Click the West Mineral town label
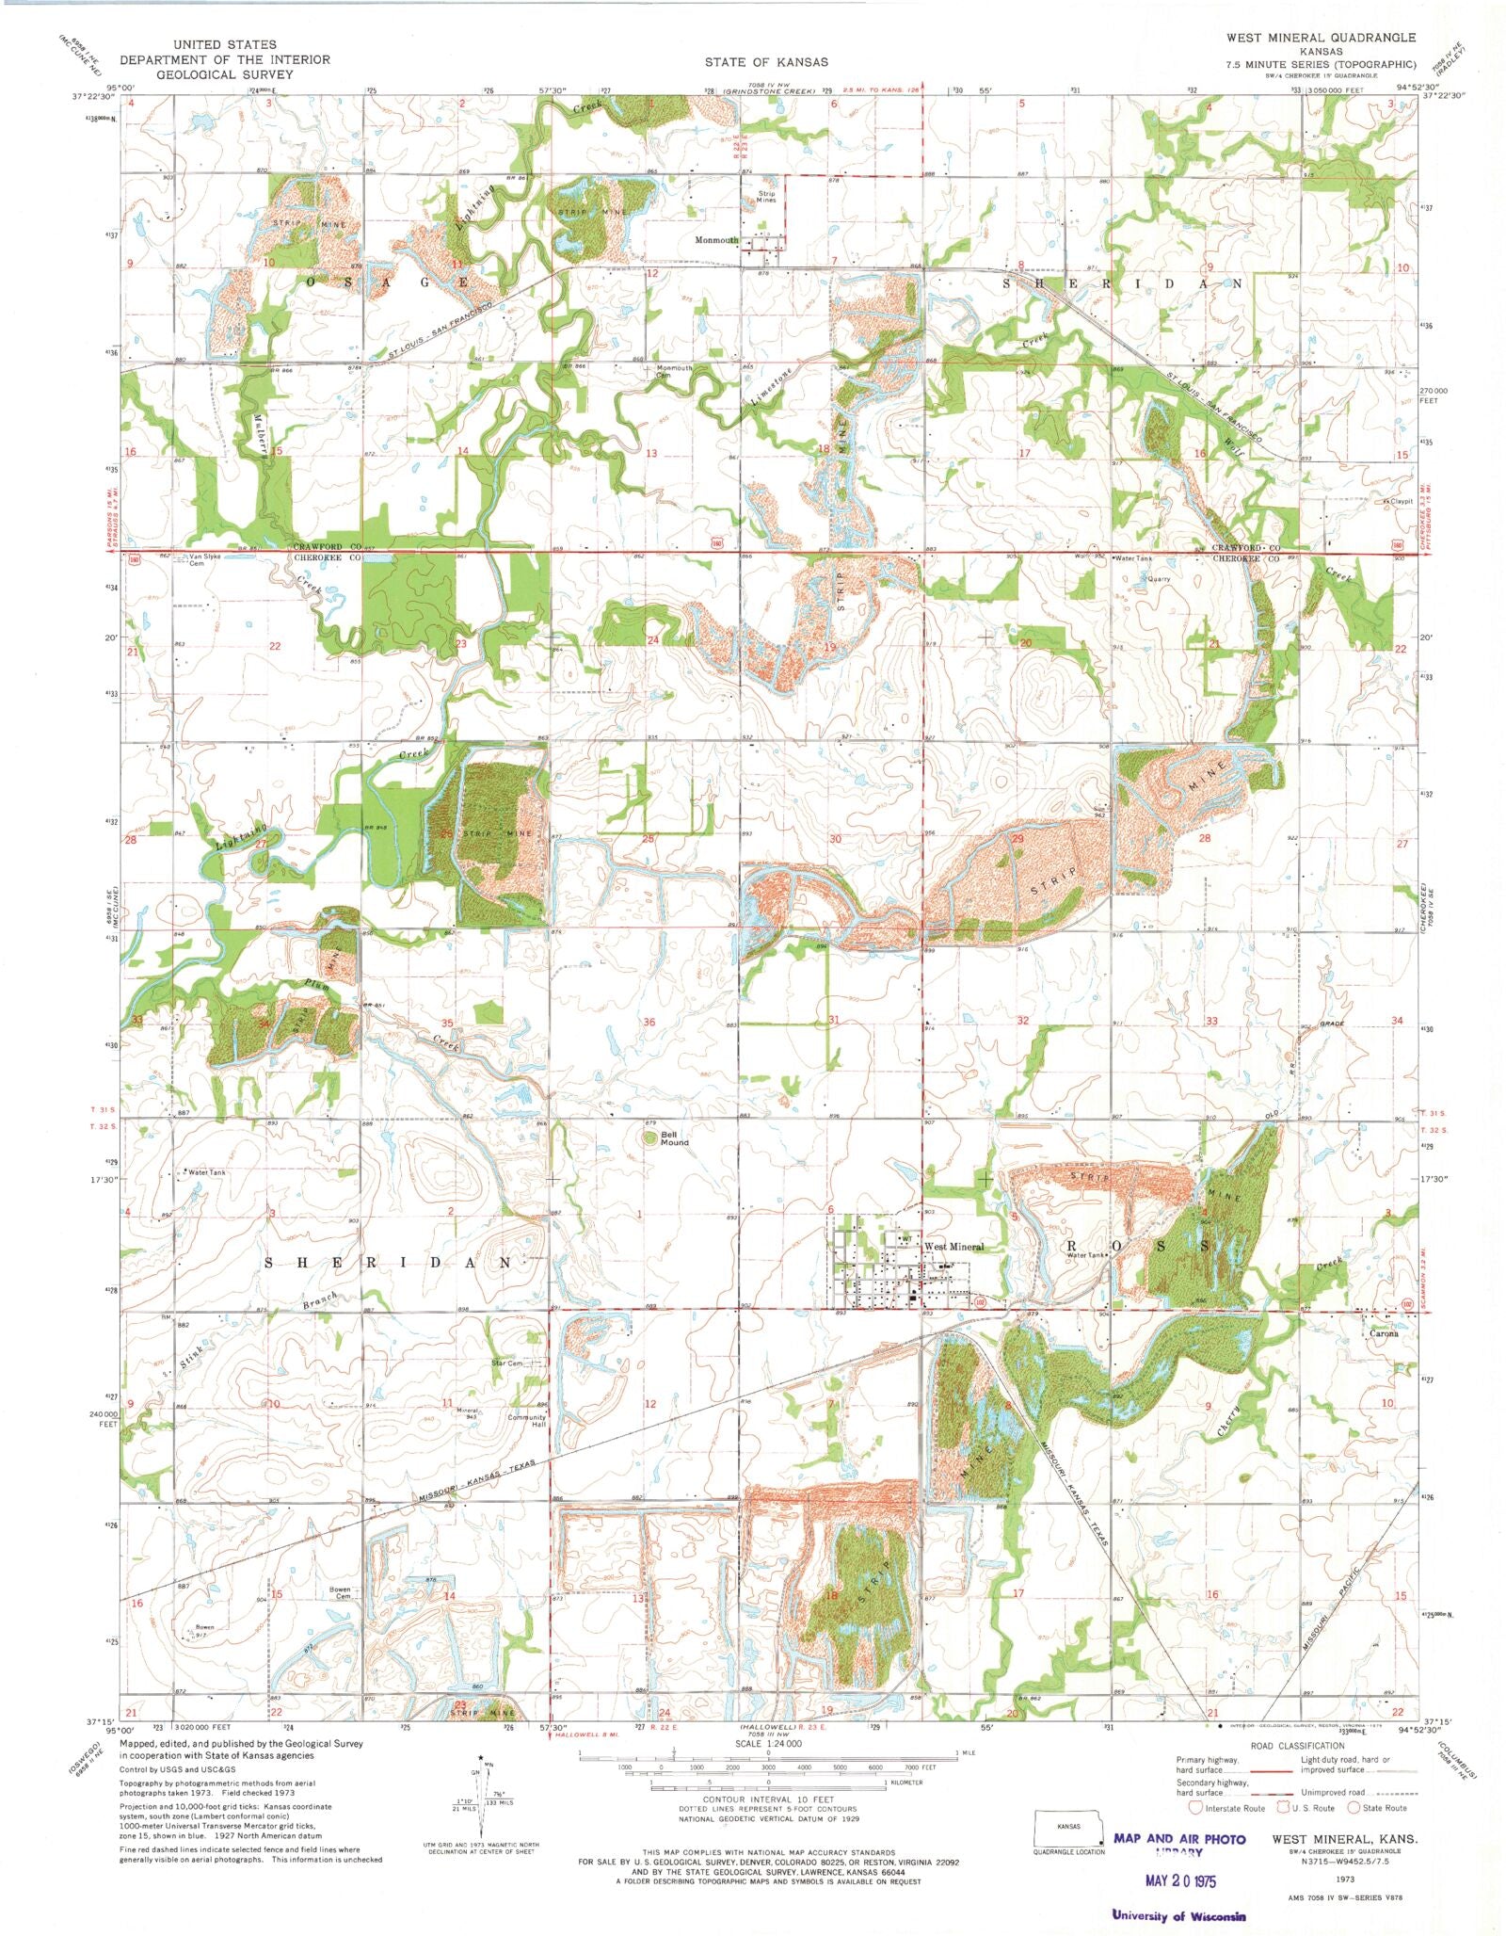953,1246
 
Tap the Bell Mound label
674,1138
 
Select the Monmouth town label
716,240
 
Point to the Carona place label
1383,1333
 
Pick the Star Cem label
507,1363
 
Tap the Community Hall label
526,1421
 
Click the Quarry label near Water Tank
1158,579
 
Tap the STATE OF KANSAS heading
766,62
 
